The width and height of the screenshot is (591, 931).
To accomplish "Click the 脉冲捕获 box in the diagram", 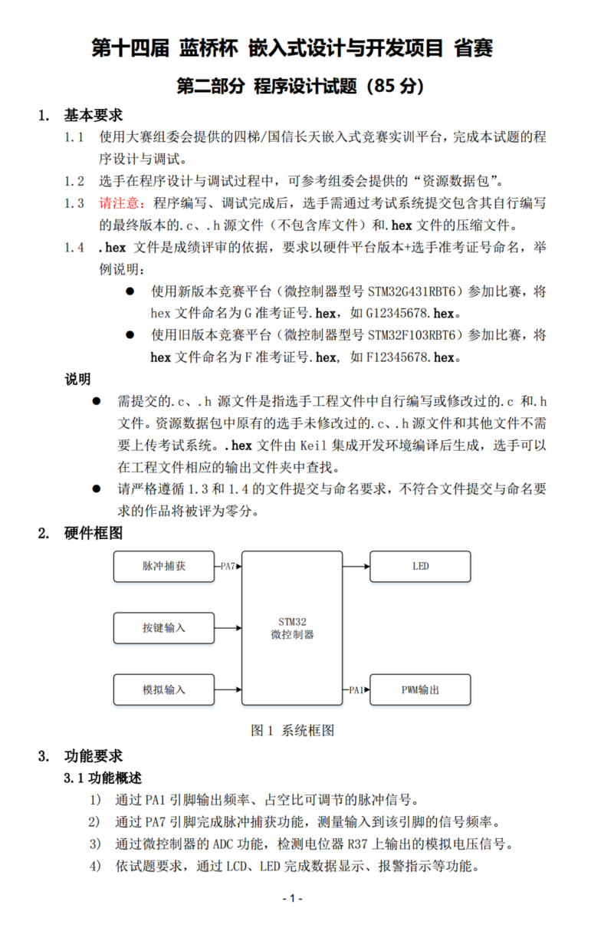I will tap(163, 567).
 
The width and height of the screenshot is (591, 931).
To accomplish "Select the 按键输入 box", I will tap(163, 628).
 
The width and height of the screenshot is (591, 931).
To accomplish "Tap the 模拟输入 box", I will tap(163, 689).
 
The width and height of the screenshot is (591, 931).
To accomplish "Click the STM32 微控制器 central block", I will tap(292, 628).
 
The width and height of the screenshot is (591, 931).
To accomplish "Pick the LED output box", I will tap(420, 567).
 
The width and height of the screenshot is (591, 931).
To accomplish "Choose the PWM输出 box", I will tap(420, 689).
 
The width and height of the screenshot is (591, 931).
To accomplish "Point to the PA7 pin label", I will tap(228, 567).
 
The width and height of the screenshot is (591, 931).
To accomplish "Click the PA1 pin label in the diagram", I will tap(356, 689).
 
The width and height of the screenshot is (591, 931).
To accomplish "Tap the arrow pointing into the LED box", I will tap(356, 567).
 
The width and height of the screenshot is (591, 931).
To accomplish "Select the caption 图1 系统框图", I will tap(292, 731).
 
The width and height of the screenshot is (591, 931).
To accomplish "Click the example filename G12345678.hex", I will tap(414, 314).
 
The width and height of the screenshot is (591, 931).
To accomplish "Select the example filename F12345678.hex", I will tap(414, 357).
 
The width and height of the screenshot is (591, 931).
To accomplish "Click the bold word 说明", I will tap(77, 379).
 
